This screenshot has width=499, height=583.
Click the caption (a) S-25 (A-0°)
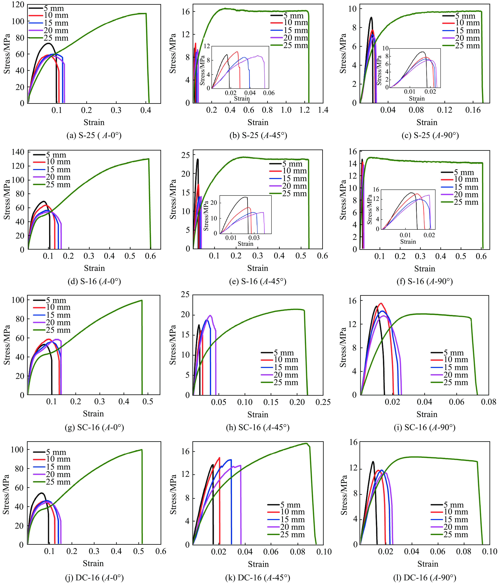pos(94,136)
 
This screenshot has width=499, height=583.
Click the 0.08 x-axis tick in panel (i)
pos(489,402)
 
